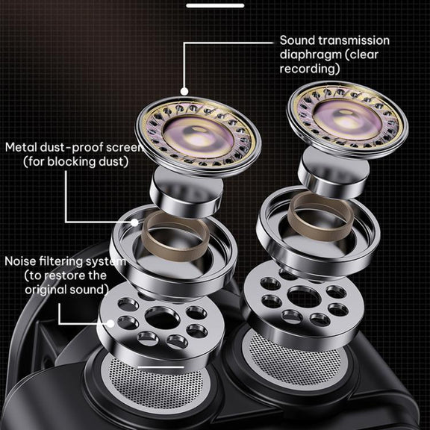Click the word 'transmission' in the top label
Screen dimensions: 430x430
coord(354,40)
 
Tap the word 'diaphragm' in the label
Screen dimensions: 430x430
coord(311,54)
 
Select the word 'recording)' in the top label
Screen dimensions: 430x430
coord(310,69)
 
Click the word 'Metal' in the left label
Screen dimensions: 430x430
coord(21,147)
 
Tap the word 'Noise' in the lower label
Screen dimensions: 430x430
coord(20,261)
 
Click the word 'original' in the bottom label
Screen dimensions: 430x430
coord(46,290)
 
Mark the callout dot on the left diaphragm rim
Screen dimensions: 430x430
coord(185,92)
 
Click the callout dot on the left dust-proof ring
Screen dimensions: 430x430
coord(134,222)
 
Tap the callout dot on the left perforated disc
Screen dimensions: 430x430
coord(110,323)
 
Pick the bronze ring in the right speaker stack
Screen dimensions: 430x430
coord(320,216)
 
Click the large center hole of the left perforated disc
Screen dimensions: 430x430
coord(162,318)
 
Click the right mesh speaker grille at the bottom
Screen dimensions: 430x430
coord(295,360)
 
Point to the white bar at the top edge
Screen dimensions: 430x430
coord(215,5)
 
